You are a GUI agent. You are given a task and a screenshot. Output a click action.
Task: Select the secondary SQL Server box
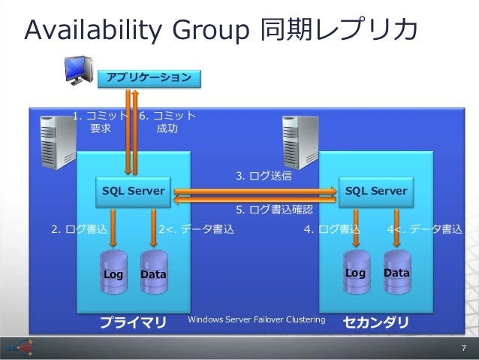pyautogui.click(x=376, y=191)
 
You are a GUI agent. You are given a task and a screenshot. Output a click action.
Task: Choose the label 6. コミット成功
pyautogui.click(x=167, y=123)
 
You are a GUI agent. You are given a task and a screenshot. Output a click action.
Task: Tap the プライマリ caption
pyautogui.click(x=134, y=322)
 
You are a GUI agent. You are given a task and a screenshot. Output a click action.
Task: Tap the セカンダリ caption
pyautogui.click(x=376, y=322)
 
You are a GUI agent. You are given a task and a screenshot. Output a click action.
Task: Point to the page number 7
pyautogui.click(x=463, y=348)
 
